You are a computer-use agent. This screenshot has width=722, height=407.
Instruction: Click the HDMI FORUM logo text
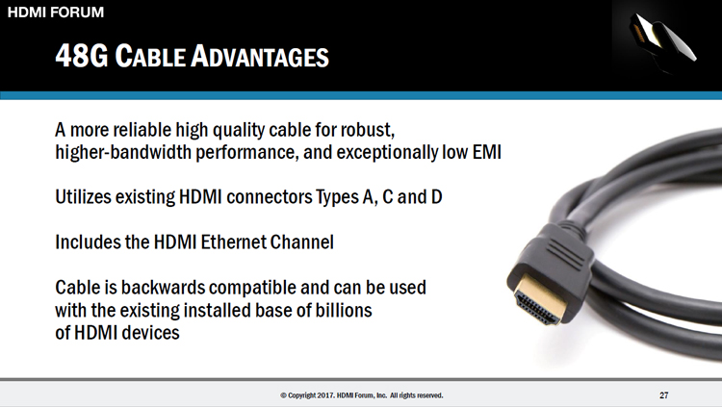(56, 12)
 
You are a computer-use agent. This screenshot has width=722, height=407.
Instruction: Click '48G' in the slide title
(82, 56)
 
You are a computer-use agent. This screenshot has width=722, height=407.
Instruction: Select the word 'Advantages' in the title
(260, 56)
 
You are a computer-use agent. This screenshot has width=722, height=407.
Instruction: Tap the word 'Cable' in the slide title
(149, 56)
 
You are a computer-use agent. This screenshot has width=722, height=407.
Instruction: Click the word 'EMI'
(487, 152)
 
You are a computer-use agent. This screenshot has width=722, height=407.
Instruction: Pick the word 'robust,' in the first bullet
(368, 130)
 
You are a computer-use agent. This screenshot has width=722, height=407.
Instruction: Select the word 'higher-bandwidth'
(123, 152)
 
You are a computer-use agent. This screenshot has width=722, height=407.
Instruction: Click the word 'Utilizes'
(83, 197)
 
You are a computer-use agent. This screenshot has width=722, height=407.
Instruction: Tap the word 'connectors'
(270, 197)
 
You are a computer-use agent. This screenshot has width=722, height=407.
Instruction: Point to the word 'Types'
(337, 197)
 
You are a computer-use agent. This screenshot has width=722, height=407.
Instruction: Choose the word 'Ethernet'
(234, 242)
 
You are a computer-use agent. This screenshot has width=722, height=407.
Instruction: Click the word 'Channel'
(301, 242)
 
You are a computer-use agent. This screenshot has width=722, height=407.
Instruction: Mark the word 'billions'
(344, 310)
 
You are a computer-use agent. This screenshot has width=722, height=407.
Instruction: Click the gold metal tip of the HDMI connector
(540, 299)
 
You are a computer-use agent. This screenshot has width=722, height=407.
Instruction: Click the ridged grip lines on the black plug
(565, 254)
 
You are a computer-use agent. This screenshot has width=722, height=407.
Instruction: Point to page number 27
(664, 395)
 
